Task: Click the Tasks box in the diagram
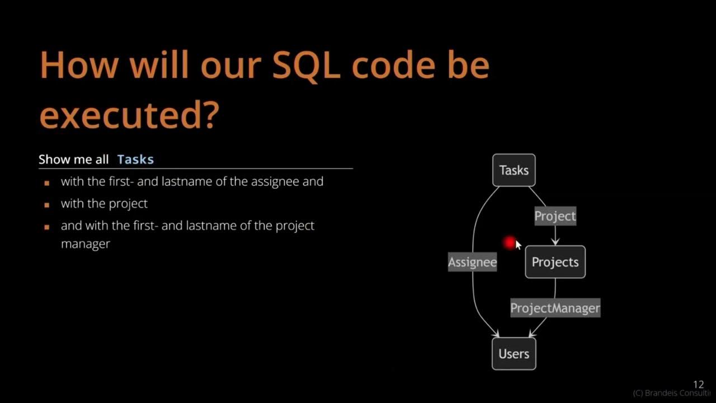click(x=514, y=170)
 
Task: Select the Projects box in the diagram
click(x=555, y=262)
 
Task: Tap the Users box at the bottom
click(x=514, y=354)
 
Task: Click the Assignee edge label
click(x=472, y=262)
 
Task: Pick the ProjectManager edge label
click(x=555, y=308)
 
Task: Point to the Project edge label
click(x=555, y=216)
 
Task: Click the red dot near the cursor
click(x=509, y=242)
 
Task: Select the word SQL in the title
click(x=307, y=65)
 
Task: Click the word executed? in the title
click(x=128, y=115)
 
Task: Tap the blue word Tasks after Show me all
click(x=135, y=160)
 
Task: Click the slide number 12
click(x=698, y=385)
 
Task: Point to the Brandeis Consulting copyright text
click(x=671, y=393)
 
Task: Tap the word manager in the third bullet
click(x=85, y=244)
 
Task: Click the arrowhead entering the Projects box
click(x=555, y=242)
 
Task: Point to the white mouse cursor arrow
click(x=517, y=245)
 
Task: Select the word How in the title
click(x=78, y=65)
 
